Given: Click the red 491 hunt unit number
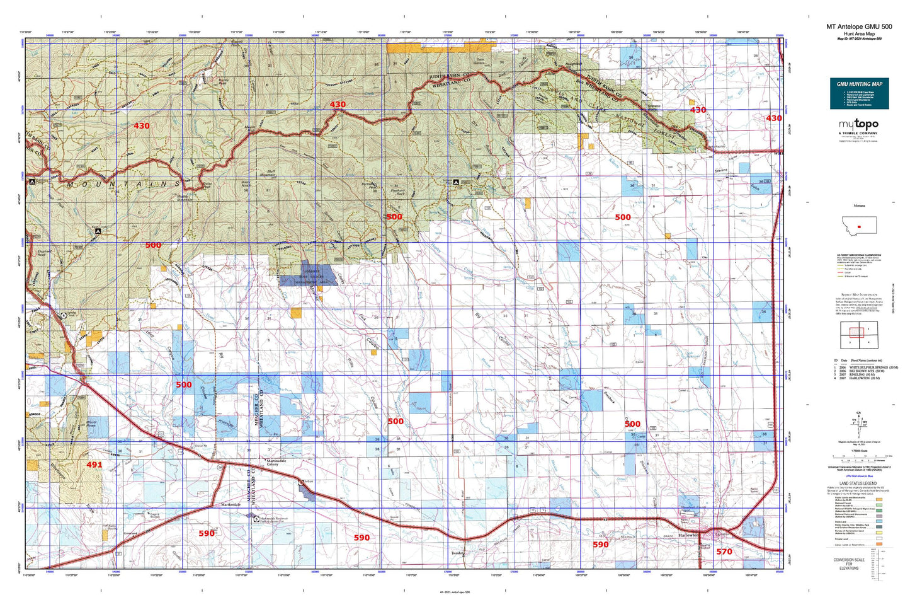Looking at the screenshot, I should click(x=94, y=465).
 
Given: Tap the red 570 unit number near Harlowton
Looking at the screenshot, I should click(x=724, y=552).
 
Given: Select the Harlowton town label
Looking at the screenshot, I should click(x=688, y=535).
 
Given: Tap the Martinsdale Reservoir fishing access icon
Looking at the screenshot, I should click(x=256, y=519).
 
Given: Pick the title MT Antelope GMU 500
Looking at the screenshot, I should click(x=859, y=26).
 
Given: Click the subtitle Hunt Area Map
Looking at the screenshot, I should click(x=859, y=33).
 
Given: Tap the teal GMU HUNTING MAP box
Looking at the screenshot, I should click(x=859, y=93).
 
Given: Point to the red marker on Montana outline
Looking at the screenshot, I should click(x=858, y=226).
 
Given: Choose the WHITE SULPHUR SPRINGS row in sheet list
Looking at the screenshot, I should click(x=873, y=367).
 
